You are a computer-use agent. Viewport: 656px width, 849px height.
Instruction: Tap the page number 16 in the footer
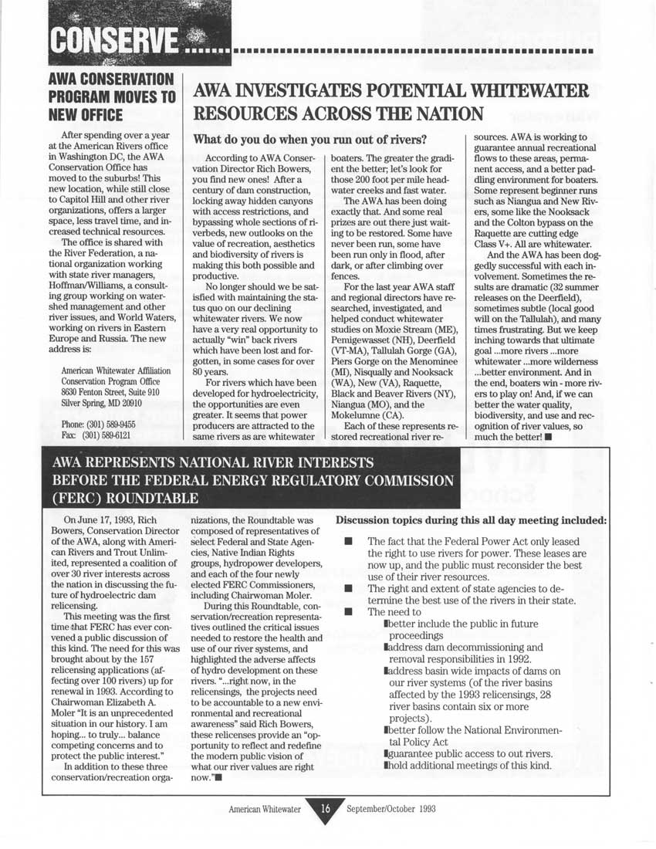(326, 809)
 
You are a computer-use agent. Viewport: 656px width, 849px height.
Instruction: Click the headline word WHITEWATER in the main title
(526, 92)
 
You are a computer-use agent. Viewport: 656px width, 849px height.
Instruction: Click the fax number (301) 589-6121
(96, 435)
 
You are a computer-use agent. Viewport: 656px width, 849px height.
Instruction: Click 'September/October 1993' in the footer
(392, 810)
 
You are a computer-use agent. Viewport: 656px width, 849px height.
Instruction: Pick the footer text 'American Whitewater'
(268, 810)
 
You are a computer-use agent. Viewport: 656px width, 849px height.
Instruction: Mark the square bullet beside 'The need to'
(348, 612)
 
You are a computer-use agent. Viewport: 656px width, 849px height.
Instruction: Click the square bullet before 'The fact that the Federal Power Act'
(348, 543)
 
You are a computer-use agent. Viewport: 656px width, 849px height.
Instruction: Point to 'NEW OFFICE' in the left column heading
(86, 115)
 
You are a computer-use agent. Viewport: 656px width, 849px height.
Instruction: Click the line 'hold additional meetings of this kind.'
(468, 765)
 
